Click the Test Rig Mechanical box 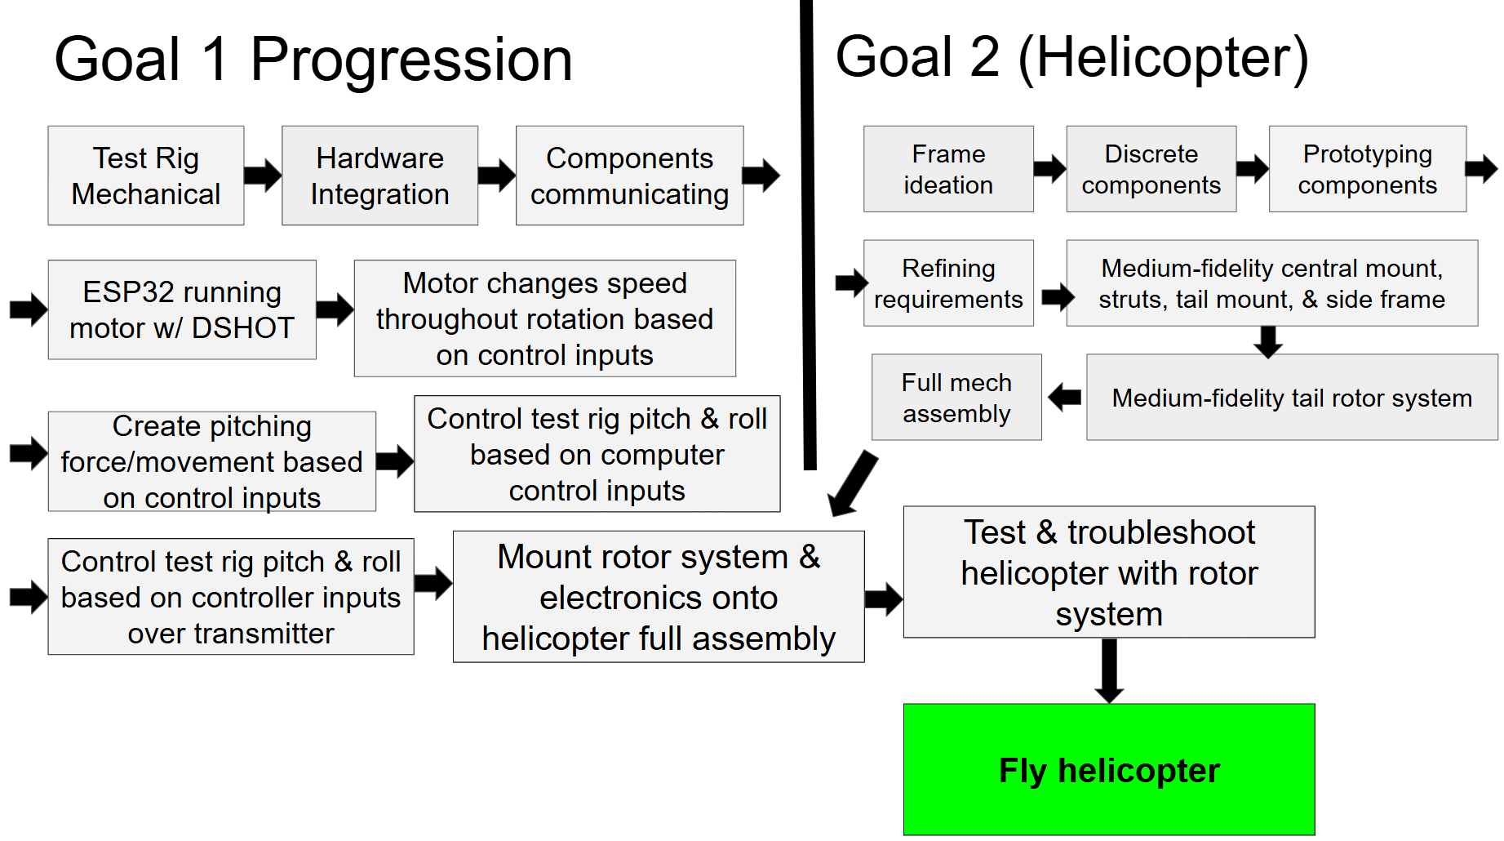click(146, 176)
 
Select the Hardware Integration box click(379, 176)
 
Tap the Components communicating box click(629, 176)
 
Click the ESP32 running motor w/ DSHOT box click(182, 309)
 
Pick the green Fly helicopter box click(1109, 769)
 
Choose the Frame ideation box click(948, 169)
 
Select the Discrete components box click(1151, 169)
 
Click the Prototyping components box click(1368, 169)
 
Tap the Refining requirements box click(948, 283)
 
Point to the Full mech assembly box click(956, 398)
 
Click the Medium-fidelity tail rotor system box click(1292, 398)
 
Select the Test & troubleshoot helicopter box click(1109, 572)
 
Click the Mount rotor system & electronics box click(659, 597)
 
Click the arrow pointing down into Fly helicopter click(1109, 670)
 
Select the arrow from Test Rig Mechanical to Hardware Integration click(263, 174)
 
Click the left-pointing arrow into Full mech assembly click(1064, 398)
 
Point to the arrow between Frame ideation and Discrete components click(1049, 169)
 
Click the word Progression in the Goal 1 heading click(411, 61)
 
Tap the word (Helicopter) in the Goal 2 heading click(1164, 59)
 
